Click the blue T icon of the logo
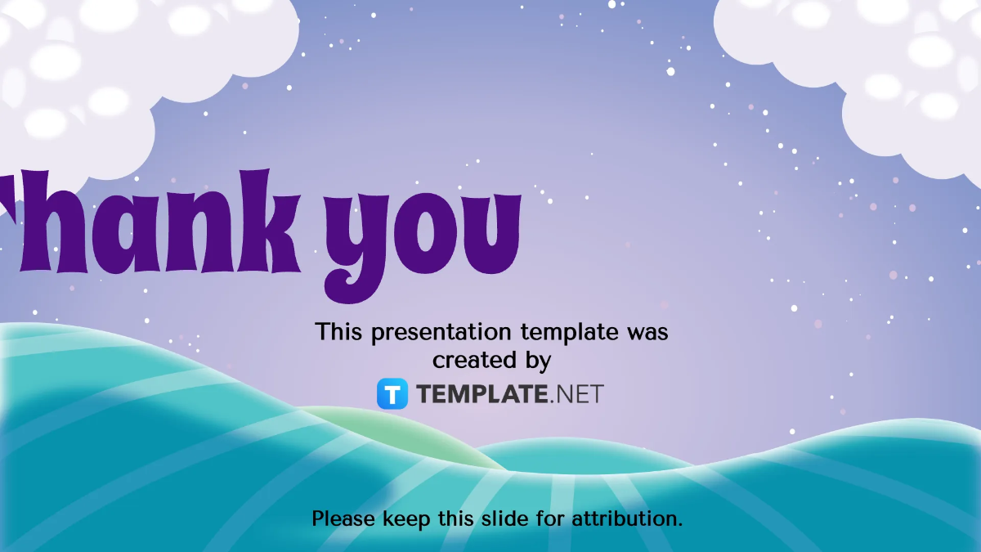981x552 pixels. [392, 393]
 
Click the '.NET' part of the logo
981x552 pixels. [576, 394]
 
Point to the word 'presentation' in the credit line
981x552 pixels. [444, 333]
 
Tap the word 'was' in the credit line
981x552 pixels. [647, 332]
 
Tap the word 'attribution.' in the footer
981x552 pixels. [626, 518]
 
